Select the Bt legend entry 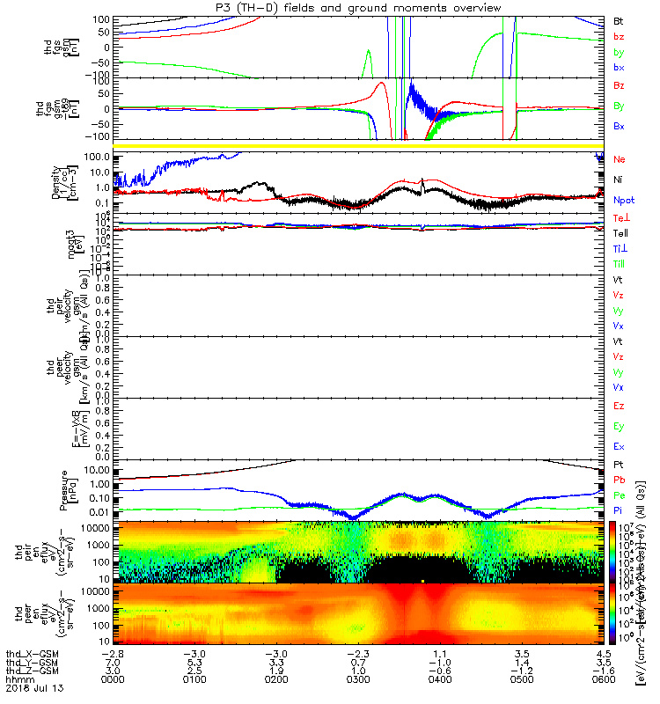coord(618,20)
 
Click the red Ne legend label coord(619,160)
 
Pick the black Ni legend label coord(618,180)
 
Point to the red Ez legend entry coord(618,406)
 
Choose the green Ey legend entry coord(618,426)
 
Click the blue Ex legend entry coord(618,446)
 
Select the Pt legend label coord(618,464)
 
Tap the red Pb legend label coord(618,480)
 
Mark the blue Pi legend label coord(618,513)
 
